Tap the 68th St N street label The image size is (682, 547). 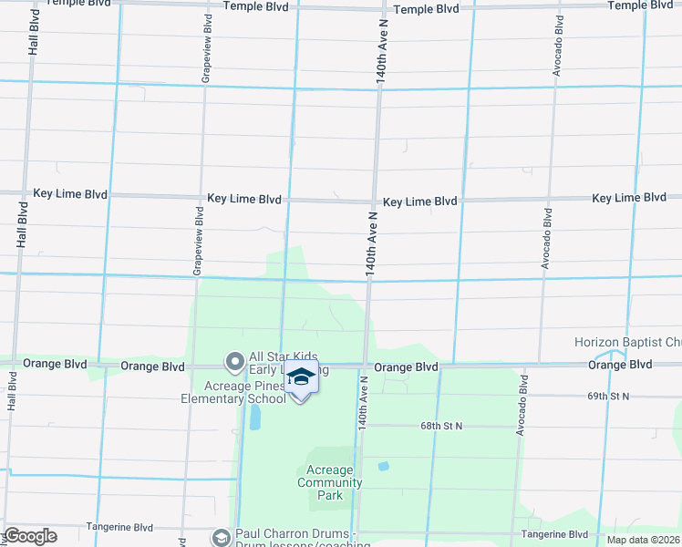pos(442,426)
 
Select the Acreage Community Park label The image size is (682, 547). pos(329,482)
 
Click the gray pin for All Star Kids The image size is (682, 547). pos(234,364)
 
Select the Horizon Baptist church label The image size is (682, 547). pos(627,343)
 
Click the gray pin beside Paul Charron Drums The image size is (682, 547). pos(220,538)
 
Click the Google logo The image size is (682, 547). pos(30,536)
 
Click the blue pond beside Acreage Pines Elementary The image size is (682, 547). pos(254,418)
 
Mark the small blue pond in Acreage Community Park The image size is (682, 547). pos(384,466)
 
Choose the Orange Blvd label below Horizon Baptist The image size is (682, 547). pos(620,365)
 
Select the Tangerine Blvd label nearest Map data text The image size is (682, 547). pos(554,534)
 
